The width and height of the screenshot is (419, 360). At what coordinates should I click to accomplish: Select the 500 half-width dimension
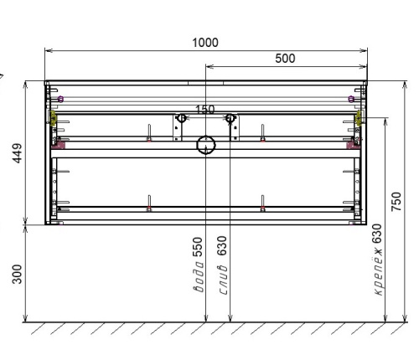[x=286, y=59]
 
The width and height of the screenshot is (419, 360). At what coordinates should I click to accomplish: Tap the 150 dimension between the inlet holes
[x=204, y=110]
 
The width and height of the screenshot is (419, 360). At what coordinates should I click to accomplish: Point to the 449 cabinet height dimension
[x=17, y=153]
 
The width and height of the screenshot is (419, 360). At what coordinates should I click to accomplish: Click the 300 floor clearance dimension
[x=17, y=274]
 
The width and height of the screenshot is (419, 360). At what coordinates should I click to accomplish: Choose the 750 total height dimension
[x=396, y=202]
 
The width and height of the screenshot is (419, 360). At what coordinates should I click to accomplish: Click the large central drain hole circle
[x=205, y=146]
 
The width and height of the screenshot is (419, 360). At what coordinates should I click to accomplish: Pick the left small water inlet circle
[x=180, y=118]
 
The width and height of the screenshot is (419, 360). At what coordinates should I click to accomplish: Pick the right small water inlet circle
[x=230, y=118]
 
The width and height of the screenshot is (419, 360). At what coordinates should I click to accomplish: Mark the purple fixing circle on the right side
[x=349, y=99]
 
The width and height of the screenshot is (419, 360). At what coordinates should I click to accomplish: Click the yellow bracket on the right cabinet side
[x=358, y=118]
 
